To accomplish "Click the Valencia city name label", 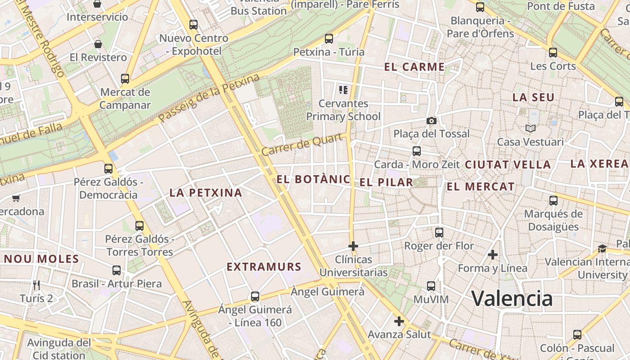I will click(512, 298).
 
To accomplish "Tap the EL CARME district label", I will click(414, 67).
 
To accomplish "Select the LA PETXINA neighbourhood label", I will click(206, 193).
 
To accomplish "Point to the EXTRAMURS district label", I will click(264, 267).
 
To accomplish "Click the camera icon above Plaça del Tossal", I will click(432, 121).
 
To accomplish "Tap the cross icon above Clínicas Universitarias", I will click(353, 246).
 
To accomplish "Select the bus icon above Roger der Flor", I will click(439, 233).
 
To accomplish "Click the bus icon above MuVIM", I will click(431, 286).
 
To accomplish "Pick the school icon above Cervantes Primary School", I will click(343, 90).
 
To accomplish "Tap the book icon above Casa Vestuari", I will click(531, 129).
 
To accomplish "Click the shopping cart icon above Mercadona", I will click(16, 198).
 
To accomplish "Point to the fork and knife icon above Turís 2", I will click(36, 285).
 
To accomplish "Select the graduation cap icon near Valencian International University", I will click(602, 248).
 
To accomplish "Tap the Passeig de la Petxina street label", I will click(209, 99).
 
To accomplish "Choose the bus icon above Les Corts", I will click(553, 53).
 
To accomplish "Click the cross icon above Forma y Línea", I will click(493, 255).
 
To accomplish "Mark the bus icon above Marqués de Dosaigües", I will click(553, 201).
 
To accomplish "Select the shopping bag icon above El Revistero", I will click(98, 44).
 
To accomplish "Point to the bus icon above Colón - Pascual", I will click(577, 335).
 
